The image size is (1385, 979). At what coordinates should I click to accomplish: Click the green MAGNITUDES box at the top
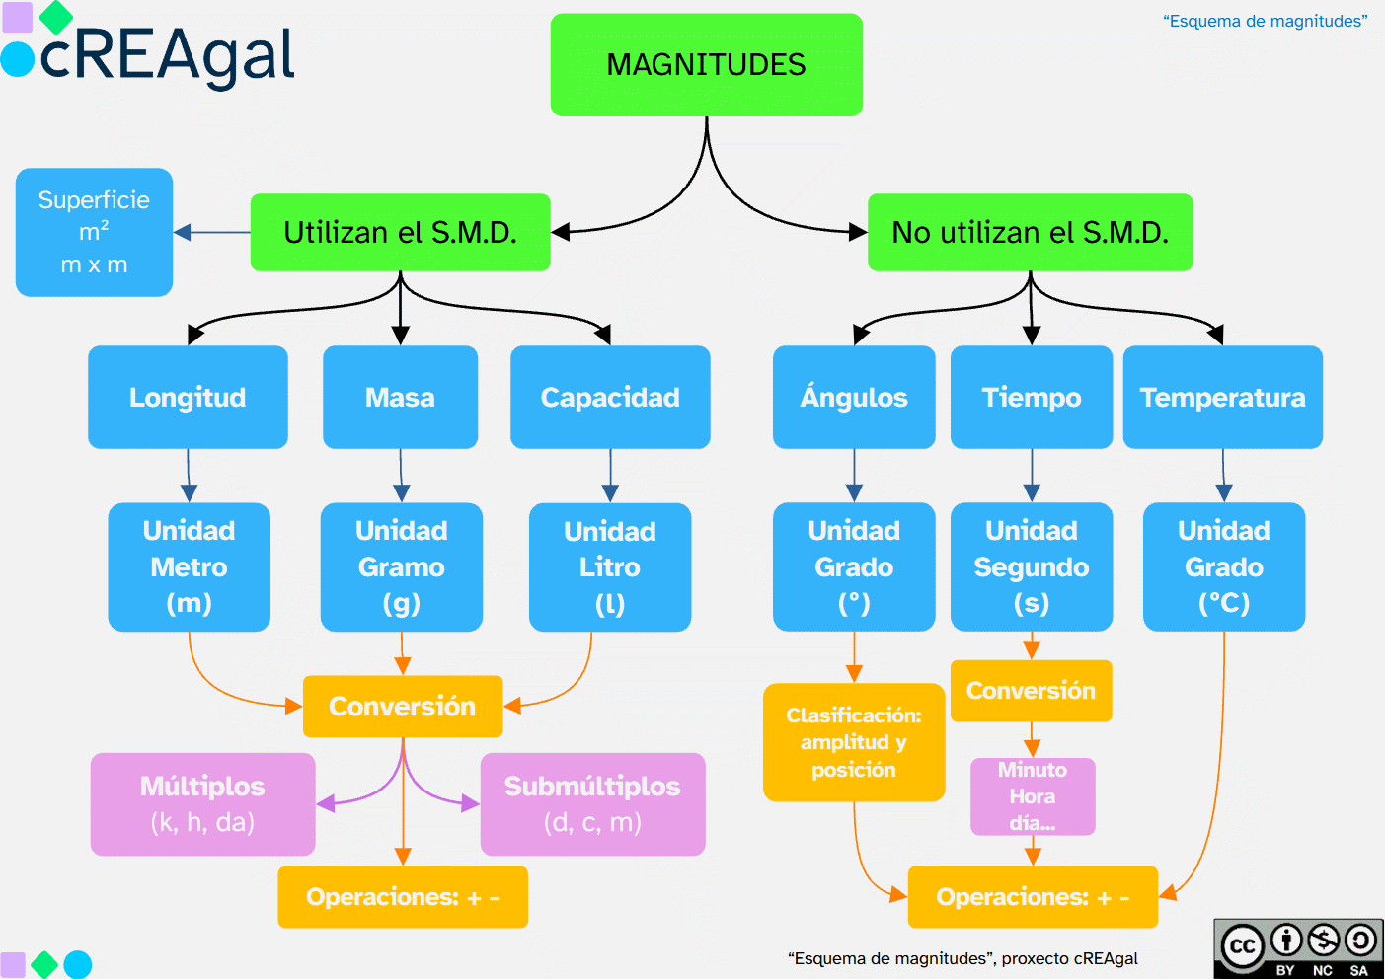(706, 65)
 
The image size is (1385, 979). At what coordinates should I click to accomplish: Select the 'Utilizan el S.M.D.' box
(400, 233)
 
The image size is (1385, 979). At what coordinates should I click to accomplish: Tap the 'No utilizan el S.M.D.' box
(1030, 233)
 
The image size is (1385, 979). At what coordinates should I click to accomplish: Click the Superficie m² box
(94, 232)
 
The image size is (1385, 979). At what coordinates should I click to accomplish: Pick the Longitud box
(188, 397)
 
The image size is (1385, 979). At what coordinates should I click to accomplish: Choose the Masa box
(400, 397)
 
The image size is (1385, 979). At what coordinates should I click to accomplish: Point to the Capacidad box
(610, 397)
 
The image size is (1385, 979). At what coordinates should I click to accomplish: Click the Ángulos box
(854, 397)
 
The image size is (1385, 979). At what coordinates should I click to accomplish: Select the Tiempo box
(1031, 397)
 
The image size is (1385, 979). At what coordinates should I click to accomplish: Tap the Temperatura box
(1222, 397)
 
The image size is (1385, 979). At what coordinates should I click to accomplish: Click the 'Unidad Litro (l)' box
(610, 567)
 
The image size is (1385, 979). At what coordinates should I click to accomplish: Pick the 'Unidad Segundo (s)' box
(1031, 567)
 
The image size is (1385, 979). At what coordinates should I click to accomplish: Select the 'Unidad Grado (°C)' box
(1223, 567)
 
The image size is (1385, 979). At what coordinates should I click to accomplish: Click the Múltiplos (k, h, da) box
(202, 804)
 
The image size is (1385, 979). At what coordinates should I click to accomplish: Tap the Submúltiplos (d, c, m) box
(592, 804)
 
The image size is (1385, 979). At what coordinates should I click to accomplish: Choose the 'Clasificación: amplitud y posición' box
(854, 742)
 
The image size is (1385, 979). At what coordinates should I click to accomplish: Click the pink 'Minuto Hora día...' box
(1033, 796)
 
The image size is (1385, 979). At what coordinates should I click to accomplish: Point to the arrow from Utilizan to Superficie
(212, 233)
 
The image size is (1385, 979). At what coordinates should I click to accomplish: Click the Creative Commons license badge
(1298, 948)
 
